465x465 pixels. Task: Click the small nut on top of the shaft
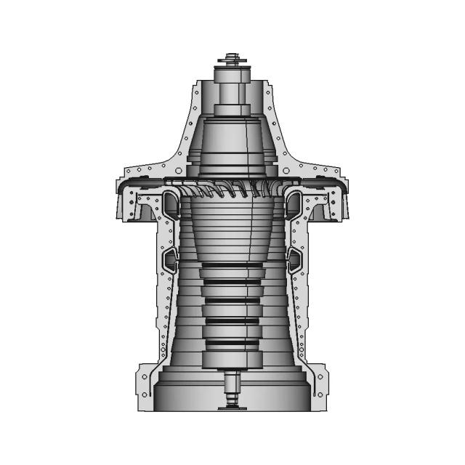click(x=232, y=55)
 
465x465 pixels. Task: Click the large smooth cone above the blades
click(x=232, y=138)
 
